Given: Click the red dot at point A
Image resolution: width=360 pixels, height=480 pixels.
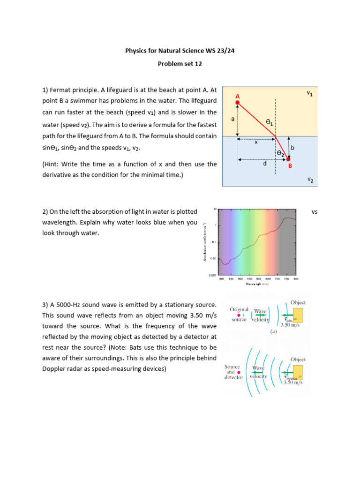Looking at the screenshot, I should [238, 102].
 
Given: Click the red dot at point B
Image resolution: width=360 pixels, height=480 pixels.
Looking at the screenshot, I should [289, 159].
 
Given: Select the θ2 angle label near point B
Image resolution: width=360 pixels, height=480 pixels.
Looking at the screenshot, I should [280, 153].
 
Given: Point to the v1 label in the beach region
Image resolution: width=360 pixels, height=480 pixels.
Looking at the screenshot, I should [310, 93].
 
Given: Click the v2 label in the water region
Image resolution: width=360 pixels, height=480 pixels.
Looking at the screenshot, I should [310, 180].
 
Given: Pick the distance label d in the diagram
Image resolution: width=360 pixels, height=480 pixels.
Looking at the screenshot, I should [265, 164].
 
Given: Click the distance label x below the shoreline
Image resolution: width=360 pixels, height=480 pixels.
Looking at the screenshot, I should [256, 143].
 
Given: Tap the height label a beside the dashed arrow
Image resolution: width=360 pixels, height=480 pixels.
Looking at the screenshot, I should [233, 120].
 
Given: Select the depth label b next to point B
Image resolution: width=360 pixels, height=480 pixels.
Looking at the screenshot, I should [293, 147].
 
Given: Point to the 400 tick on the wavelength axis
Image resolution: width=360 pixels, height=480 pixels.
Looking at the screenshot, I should [222, 279].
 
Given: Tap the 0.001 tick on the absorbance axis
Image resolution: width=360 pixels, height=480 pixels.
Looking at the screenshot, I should [212, 276].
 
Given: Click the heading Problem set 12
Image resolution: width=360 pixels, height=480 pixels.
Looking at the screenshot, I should [180, 64].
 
